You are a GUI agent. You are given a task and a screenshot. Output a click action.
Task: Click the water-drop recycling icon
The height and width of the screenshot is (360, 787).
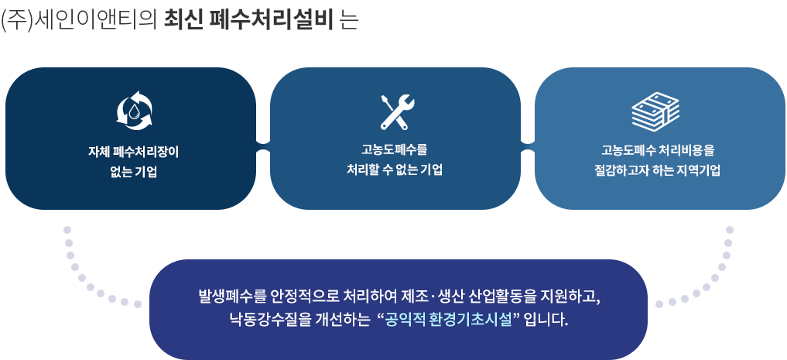134,111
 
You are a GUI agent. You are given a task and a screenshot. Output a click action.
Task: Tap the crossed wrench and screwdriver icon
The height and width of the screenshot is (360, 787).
397,112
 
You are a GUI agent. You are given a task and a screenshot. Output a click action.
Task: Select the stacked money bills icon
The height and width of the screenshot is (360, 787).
655,111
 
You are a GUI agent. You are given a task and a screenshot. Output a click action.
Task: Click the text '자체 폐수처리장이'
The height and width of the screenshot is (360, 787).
134,152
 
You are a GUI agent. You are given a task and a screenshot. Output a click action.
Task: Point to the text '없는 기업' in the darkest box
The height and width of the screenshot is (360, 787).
134,172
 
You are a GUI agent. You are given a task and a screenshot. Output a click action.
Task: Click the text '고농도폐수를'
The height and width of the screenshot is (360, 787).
395,149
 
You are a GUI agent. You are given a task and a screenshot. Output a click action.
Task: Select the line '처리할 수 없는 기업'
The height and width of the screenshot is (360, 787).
395,170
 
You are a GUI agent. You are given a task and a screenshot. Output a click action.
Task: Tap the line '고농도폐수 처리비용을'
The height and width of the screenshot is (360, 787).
658,150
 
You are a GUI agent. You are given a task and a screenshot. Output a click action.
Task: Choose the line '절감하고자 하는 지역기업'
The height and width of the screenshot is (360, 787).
658,170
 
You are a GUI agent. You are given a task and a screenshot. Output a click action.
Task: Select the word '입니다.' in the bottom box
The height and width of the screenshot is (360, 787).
546,319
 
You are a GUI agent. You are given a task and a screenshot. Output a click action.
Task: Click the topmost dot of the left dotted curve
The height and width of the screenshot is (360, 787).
67,230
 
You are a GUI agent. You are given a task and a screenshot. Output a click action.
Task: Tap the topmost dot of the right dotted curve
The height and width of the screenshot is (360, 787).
730,230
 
